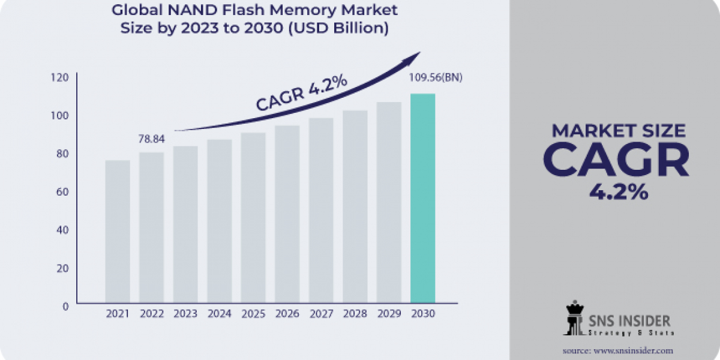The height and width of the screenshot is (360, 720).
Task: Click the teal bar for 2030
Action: (x=422, y=198)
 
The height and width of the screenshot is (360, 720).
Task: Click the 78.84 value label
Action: (x=151, y=139)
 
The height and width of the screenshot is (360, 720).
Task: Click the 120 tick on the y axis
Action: (x=64, y=77)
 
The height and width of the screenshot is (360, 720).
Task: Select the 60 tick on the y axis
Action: (x=64, y=191)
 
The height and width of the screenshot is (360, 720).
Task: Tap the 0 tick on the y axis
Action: (x=65, y=306)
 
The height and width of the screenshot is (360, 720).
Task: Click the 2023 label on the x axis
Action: (x=185, y=314)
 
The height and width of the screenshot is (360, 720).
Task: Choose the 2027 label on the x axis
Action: (x=321, y=314)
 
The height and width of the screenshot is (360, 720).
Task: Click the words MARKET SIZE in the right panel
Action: (x=618, y=131)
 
